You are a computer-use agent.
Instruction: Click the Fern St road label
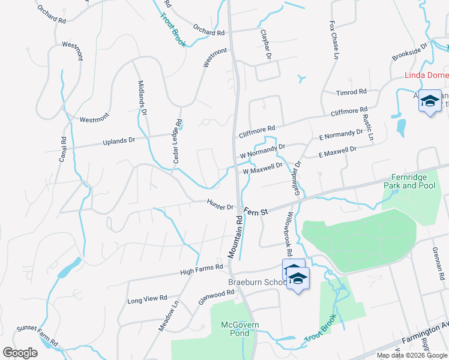256,211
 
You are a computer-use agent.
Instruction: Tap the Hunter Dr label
220,205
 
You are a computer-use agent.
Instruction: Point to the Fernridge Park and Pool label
413,181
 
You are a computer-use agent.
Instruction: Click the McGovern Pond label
240,329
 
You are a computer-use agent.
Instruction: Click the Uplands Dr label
119,141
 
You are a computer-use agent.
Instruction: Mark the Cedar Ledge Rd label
178,139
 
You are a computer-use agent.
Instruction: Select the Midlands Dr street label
142,98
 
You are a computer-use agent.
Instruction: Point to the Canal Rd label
63,149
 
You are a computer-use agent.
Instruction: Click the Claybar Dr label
265,44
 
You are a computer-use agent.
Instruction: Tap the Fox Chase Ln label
333,40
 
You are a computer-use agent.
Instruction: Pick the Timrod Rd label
352,92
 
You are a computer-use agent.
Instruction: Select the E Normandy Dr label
341,135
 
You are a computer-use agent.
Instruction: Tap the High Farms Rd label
202,272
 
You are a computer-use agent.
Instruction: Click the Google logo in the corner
20,353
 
